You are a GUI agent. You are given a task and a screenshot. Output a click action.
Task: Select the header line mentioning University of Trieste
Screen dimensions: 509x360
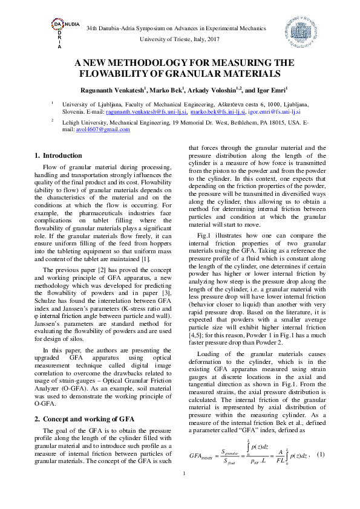coord(180,39)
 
